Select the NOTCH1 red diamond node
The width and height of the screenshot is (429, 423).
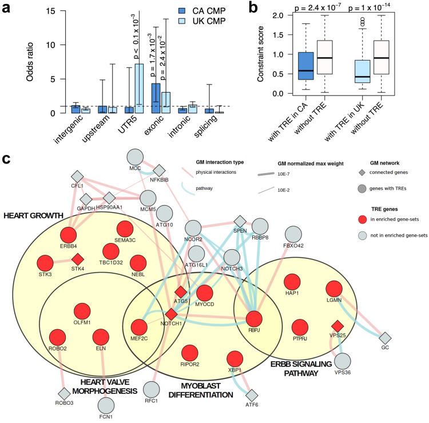(x=171, y=314)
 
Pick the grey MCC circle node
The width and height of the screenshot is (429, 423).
(x=135, y=157)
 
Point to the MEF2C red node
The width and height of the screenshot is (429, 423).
(x=140, y=328)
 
